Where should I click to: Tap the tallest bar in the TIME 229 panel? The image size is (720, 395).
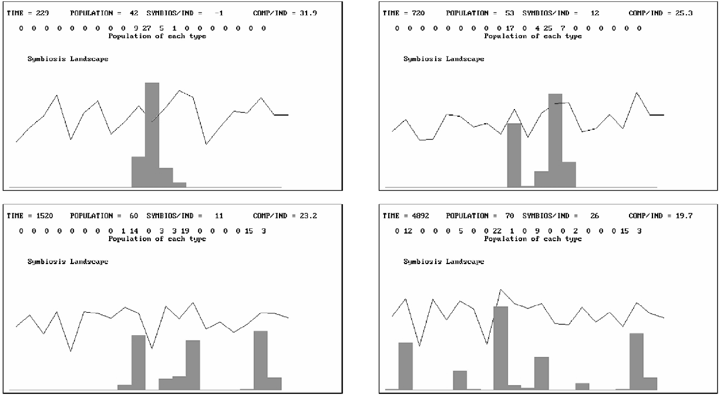tap(152, 134)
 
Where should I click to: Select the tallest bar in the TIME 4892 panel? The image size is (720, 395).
tap(500, 347)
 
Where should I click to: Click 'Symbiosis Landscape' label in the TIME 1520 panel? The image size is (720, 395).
tap(68, 262)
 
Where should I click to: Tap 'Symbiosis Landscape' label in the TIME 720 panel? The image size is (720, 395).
tap(443, 59)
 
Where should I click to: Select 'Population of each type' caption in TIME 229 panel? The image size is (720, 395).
tap(157, 36)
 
